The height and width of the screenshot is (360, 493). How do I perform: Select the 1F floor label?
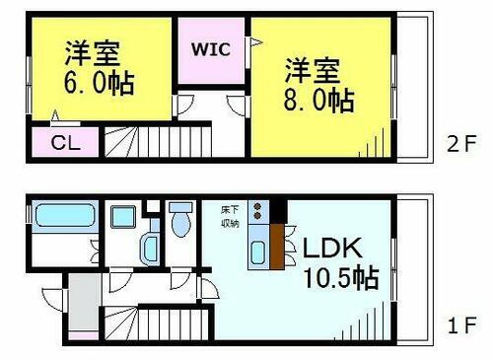(460, 324)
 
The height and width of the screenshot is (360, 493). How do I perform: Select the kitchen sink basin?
(257, 252)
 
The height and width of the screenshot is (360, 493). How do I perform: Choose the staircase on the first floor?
(162, 323)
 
